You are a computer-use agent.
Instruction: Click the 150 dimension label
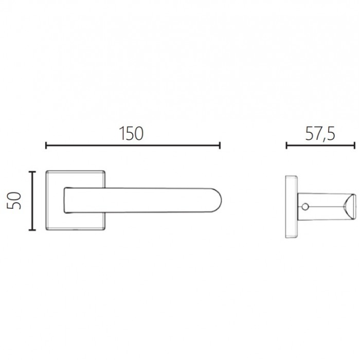(131, 133)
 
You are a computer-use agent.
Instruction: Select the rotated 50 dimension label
(14, 201)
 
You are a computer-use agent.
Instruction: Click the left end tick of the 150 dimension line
(46, 146)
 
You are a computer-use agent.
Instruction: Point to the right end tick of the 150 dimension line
(220, 146)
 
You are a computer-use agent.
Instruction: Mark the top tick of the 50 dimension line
(32, 172)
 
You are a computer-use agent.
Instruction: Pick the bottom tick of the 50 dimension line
(32, 229)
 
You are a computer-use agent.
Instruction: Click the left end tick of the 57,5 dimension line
(286, 146)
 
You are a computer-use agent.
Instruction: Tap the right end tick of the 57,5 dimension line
(355, 146)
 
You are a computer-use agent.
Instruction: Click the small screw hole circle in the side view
(305, 207)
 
